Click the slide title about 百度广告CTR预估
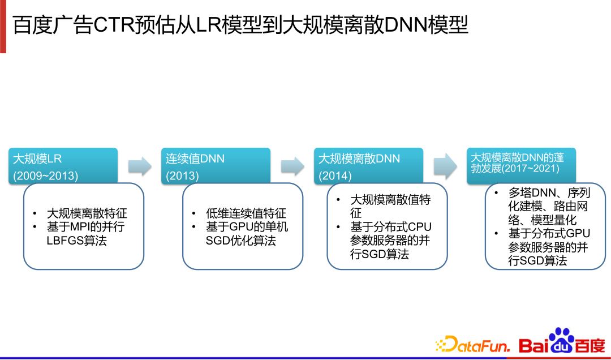pyautogui.click(x=240, y=25)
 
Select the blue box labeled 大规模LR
pyautogui.click(x=63, y=166)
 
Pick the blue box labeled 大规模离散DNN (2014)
pyautogui.click(x=369, y=166)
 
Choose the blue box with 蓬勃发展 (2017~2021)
pyautogui.click(x=520, y=166)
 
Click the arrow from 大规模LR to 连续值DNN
pyautogui.click(x=140, y=166)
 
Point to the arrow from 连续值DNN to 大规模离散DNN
pyautogui.click(x=293, y=166)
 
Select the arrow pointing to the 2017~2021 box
pyautogui.click(x=445, y=166)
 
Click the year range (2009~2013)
pyautogui.click(x=46, y=175)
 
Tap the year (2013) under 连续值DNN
pyautogui.click(x=182, y=175)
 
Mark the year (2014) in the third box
pyautogui.click(x=335, y=175)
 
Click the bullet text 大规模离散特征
pyautogui.click(x=87, y=213)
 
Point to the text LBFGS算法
pyautogui.click(x=76, y=241)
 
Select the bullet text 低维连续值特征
pyautogui.click(x=246, y=213)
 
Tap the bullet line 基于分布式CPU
pyautogui.click(x=391, y=227)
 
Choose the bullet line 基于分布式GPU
pyautogui.click(x=549, y=233)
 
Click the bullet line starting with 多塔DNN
pyautogui.click(x=549, y=194)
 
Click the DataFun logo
pyautogui.click(x=472, y=344)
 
